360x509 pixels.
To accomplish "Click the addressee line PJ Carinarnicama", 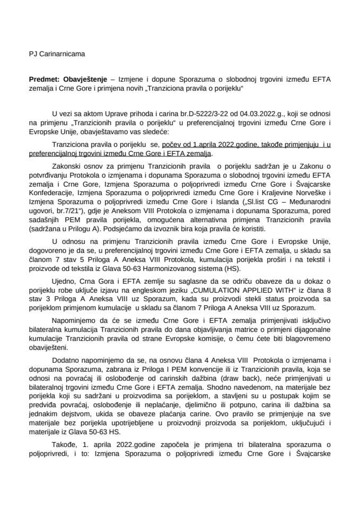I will [56, 54].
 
